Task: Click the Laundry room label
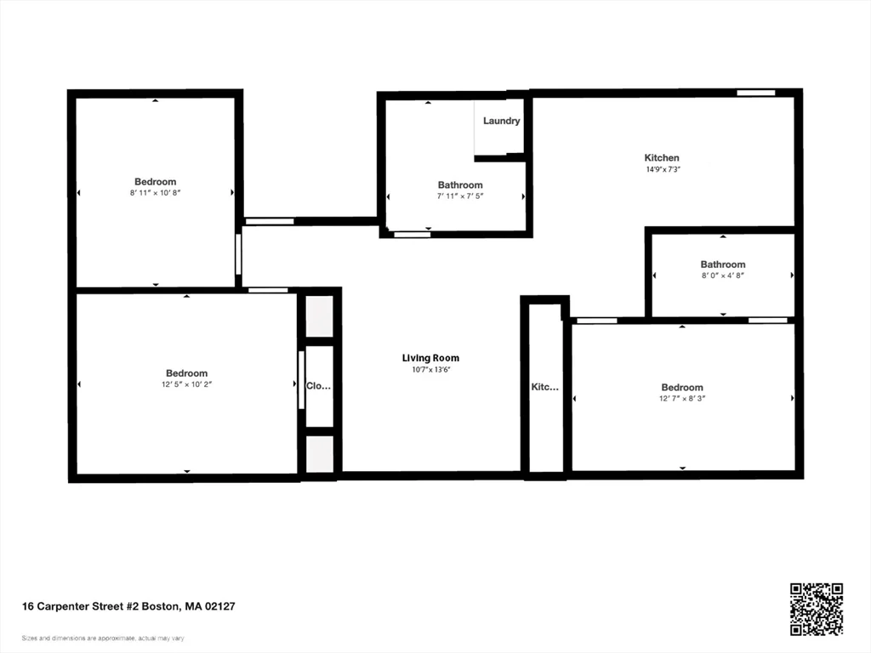(502, 121)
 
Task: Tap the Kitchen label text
(662, 157)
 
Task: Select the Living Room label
(430, 358)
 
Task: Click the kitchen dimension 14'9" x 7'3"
(662, 169)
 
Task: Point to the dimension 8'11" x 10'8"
(156, 193)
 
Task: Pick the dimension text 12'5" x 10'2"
(186, 384)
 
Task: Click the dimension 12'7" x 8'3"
(682, 399)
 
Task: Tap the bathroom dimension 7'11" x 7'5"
(460, 196)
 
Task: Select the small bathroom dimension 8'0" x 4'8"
(723, 275)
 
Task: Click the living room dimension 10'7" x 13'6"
(430, 370)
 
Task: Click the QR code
(816, 609)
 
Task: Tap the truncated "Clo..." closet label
(318, 385)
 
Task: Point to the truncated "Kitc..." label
(544, 387)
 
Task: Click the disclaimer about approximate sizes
(103, 638)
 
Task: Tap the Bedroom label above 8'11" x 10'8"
(156, 181)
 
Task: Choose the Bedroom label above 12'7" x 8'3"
(682, 387)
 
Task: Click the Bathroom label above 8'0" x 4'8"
(723, 264)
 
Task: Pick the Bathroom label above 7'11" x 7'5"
(460, 185)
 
